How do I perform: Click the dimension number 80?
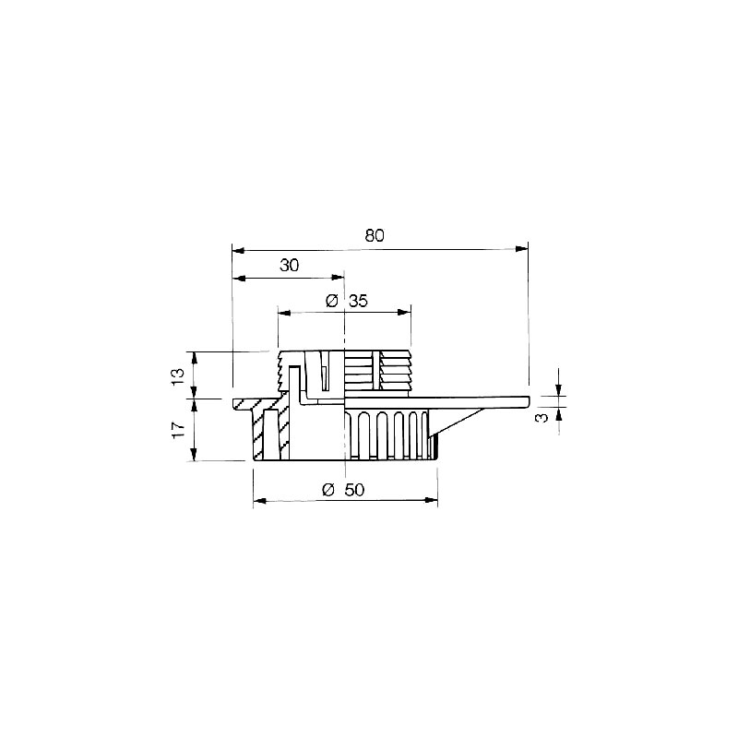tap(375, 235)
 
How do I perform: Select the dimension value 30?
tap(289, 266)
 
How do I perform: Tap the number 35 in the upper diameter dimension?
tap(358, 301)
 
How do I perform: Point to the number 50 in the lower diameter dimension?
tap(354, 490)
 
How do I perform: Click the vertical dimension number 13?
tap(178, 377)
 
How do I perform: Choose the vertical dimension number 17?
tap(178, 430)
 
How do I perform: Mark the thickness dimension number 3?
tap(542, 417)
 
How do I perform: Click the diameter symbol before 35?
tap(332, 301)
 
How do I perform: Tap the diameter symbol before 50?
tap(328, 490)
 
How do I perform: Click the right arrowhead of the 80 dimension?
tap(521, 249)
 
